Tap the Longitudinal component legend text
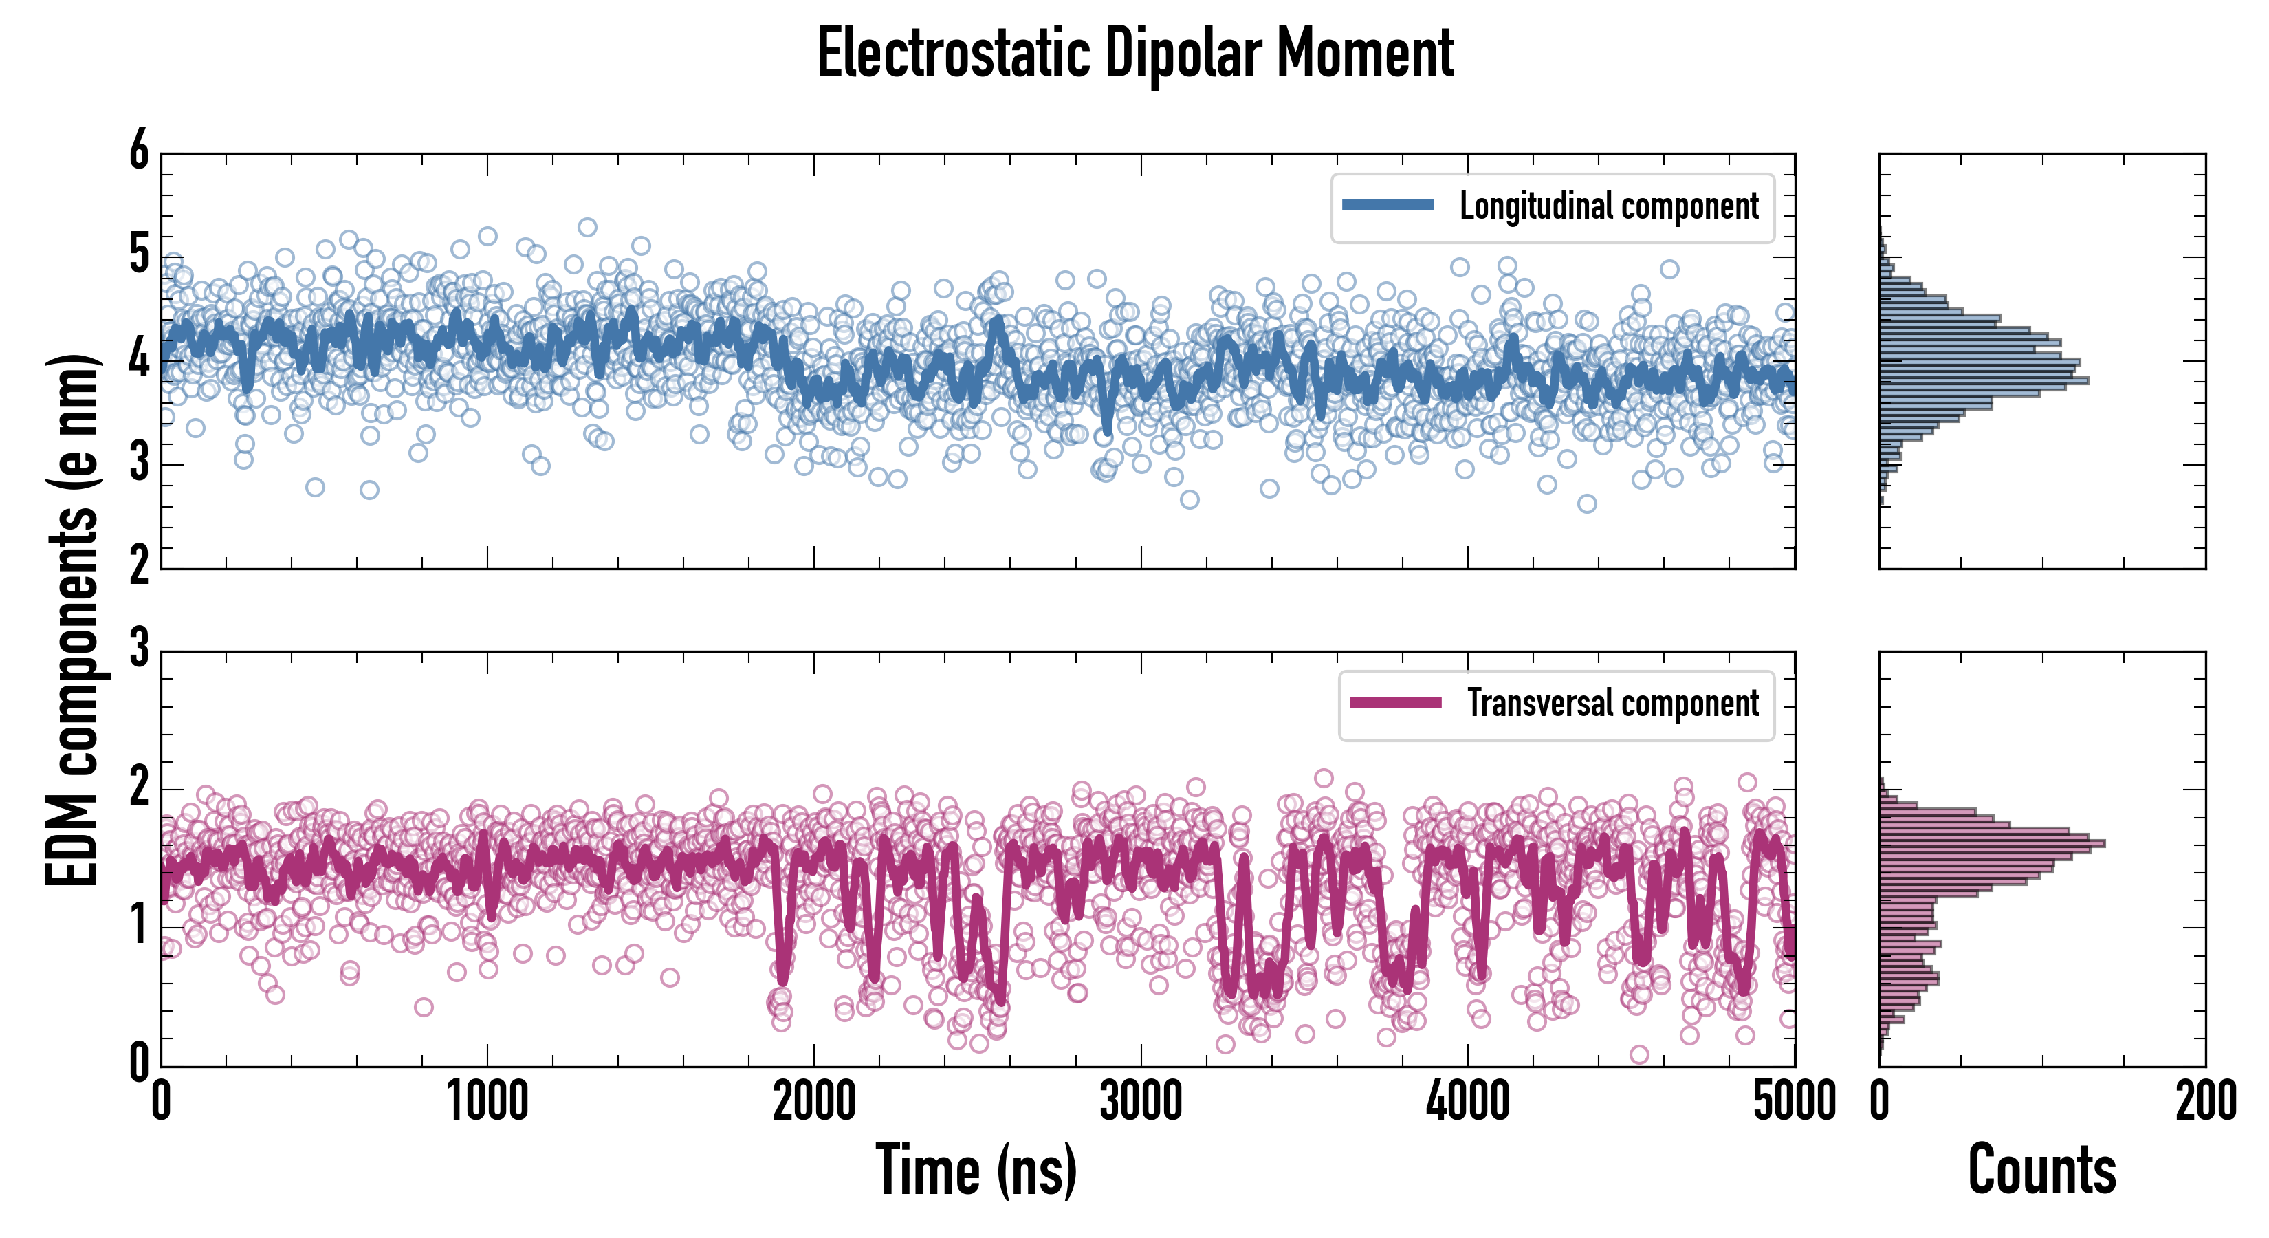(x=1608, y=206)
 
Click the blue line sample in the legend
(x=1388, y=206)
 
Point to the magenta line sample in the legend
(x=1395, y=702)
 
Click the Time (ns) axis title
(x=976, y=1169)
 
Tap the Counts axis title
(x=2041, y=1169)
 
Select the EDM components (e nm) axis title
(x=72, y=620)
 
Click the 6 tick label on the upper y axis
(x=139, y=151)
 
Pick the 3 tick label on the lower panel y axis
(x=139, y=649)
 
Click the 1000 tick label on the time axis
(x=487, y=1101)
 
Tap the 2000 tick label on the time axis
(x=814, y=1101)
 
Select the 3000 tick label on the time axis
(x=1141, y=1101)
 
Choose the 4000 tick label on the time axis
(x=1467, y=1101)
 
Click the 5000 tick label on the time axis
(x=1795, y=1101)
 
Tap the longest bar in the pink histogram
(x=1991, y=843)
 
